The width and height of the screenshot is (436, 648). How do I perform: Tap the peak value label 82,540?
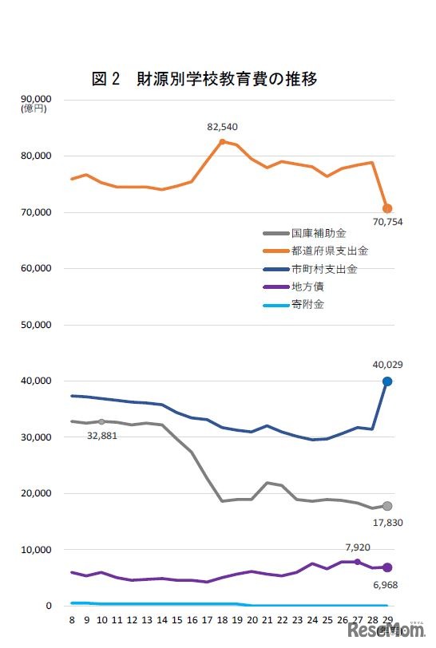pos(222,127)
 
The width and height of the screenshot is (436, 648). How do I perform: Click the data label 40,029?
pos(387,365)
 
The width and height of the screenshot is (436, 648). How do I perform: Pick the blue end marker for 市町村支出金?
pos(387,381)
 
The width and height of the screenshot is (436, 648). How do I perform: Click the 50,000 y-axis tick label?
pos(36,325)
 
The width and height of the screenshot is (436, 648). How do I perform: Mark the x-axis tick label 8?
pos(72,619)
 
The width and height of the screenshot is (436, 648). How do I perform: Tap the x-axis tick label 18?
pos(221,619)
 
